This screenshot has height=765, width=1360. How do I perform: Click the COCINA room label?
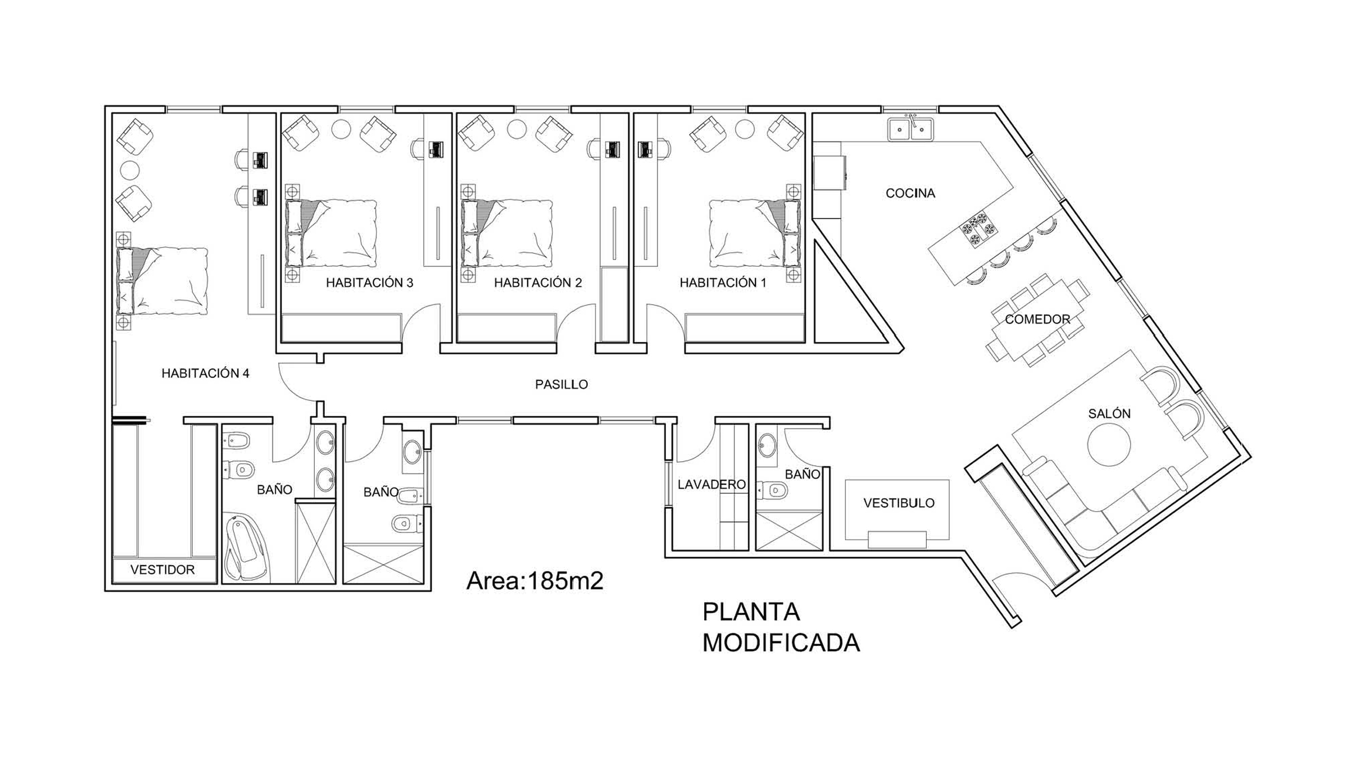click(x=910, y=193)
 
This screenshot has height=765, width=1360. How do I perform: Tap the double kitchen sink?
click(x=910, y=129)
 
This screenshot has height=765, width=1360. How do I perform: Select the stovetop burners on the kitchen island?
click(x=978, y=229)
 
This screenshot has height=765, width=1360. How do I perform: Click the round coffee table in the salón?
click(x=1109, y=445)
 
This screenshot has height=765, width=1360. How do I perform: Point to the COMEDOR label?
click(x=1037, y=320)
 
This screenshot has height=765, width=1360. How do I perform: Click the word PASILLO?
click(x=561, y=385)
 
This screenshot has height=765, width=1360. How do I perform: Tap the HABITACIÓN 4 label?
click(x=205, y=374)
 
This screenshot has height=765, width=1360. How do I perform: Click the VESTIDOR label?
click(x=162, y=570)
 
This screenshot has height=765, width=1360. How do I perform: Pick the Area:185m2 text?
click(x=534, y=581)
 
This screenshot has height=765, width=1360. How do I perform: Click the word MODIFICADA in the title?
click(x=781, y=643)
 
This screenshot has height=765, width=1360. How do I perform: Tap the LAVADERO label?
click(x=711, y=485)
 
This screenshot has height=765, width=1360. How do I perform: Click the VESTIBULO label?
click(x=899, y=503)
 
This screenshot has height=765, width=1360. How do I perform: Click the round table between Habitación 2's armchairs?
click(x=517, y=129)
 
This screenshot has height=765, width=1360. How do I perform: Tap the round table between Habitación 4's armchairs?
click(x=130, y=170)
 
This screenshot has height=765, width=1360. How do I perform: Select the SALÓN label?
click(x=1109, y=414)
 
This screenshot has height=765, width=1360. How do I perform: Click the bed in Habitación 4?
click(x=162, y=281)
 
